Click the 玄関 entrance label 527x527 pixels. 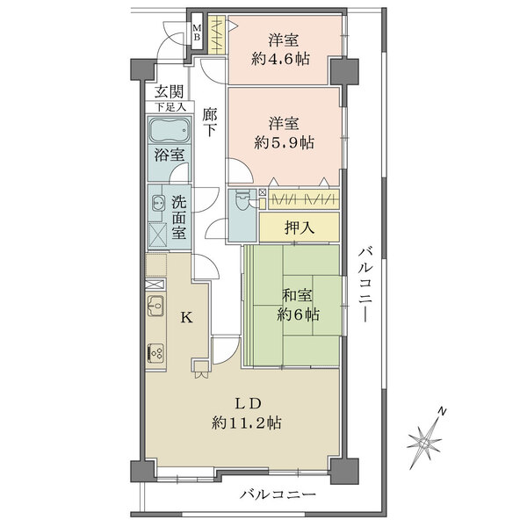170,91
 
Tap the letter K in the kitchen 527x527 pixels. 186,318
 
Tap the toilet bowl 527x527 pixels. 241,204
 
